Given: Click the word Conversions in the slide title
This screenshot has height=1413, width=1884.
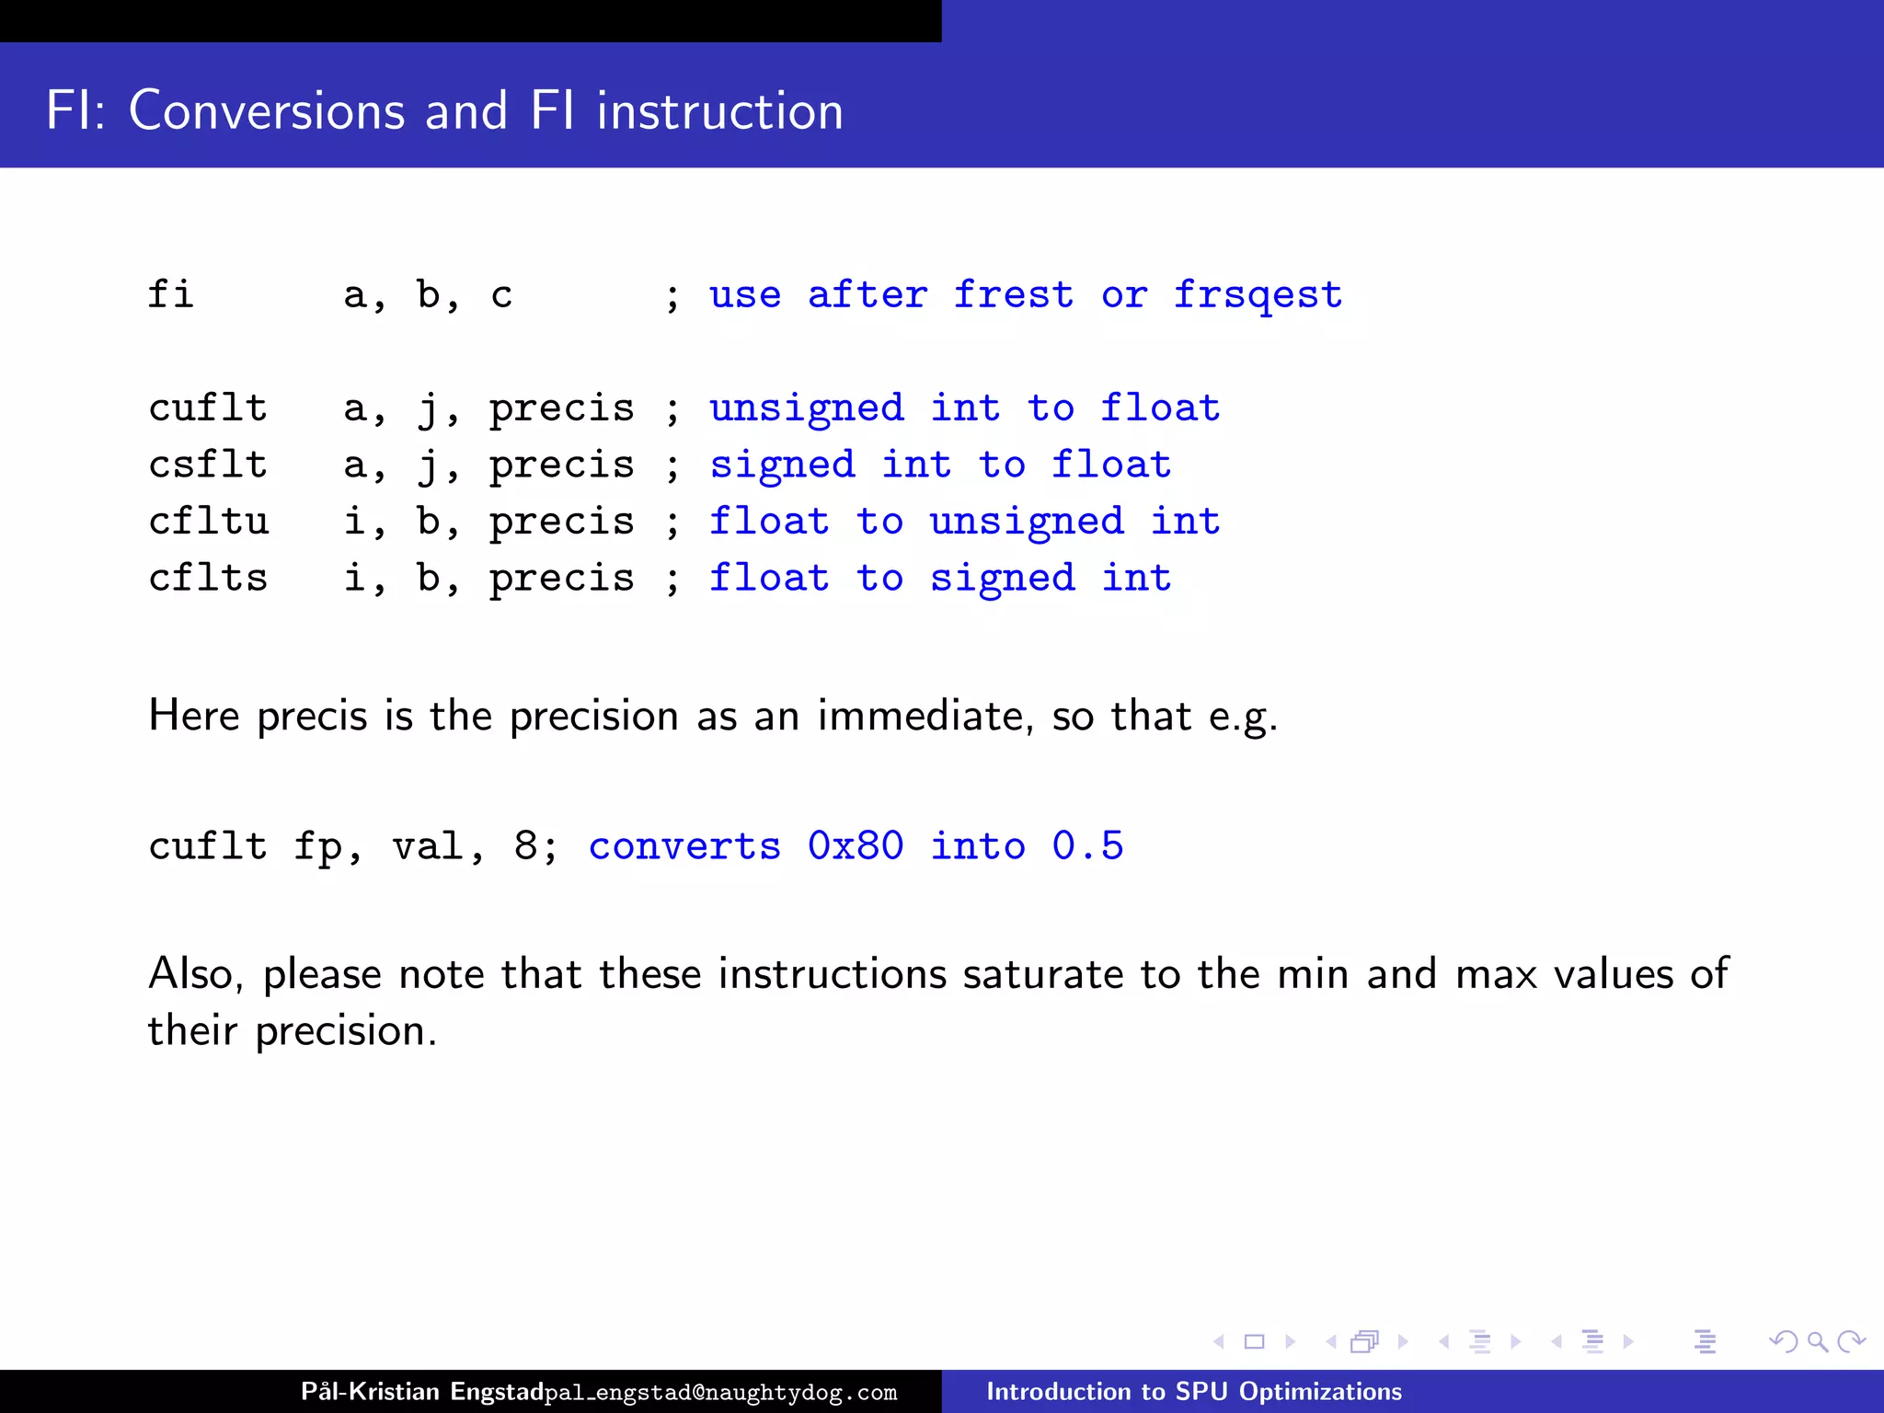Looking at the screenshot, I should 266,111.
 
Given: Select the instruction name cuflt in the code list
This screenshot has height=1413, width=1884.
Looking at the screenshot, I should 208,408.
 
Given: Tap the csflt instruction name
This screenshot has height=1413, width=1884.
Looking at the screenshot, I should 208,465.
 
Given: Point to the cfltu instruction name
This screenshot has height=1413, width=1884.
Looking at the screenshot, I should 208,522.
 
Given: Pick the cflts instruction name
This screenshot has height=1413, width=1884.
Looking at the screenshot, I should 208,578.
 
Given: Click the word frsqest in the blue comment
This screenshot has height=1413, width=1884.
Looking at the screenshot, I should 1258,296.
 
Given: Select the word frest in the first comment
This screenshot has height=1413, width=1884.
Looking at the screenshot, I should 1013,294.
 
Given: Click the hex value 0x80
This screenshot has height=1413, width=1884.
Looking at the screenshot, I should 856,845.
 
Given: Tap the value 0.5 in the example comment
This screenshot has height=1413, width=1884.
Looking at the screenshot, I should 1087,845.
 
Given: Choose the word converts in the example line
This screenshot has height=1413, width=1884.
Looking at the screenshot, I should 684,845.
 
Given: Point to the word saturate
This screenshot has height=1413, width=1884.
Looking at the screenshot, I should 1043,973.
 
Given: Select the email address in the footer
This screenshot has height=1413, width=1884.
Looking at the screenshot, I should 720,1393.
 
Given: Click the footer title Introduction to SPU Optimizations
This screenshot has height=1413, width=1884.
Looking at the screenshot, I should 1193,1392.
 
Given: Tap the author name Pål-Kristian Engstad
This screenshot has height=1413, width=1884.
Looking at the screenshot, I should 422,1391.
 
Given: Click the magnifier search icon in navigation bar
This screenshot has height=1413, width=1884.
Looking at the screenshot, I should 1817,1342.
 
